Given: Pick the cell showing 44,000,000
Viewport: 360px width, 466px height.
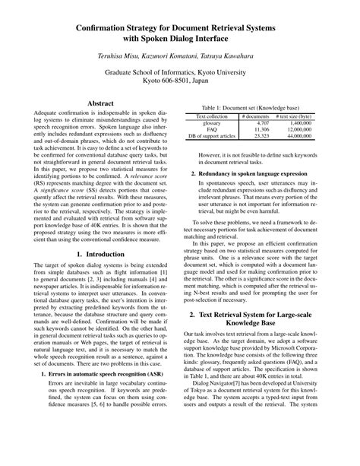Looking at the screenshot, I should click(310, 136).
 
